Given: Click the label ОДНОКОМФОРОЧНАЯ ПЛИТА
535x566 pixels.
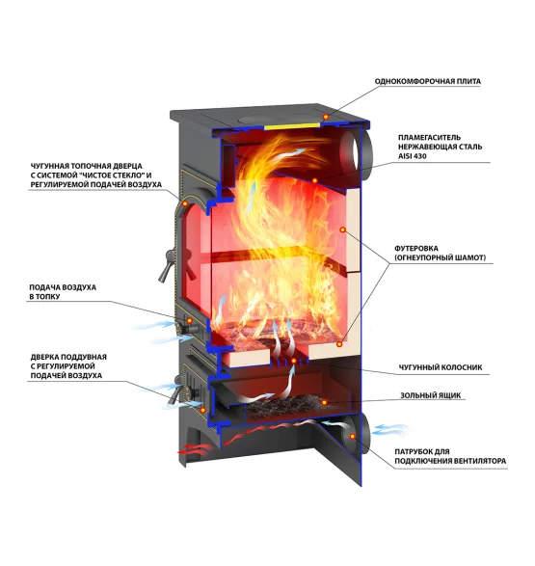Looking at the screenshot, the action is point(427,82).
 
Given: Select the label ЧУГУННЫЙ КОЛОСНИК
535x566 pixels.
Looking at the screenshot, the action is point(441,367).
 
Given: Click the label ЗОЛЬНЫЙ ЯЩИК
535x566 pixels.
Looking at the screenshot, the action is point(430,395).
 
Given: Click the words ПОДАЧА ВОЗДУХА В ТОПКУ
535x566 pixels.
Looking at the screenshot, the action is point(63,292).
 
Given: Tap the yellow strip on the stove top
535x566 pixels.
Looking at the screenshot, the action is point(292,125).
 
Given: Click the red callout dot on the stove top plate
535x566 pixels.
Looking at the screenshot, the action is point(326,117).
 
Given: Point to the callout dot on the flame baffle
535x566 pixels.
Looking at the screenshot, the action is point(314,180).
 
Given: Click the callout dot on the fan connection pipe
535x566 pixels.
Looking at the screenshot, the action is point(353,437).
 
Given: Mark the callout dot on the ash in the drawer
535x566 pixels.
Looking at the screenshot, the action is point(324,402).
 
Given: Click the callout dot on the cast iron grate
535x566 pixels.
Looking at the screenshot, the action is point(294,361).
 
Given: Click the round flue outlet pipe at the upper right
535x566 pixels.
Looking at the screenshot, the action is point(357,152).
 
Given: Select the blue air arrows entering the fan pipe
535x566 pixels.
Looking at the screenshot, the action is point(390,430).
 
